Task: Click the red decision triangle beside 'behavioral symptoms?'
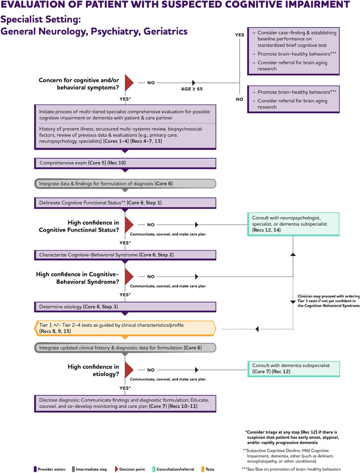129,83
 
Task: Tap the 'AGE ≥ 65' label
192,89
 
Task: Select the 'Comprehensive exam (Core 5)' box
125,163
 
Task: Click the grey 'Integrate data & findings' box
125,184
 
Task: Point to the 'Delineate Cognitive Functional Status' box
125,203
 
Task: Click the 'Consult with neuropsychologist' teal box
293,224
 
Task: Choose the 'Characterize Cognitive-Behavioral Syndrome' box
125,255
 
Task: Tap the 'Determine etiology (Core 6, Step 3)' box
125,307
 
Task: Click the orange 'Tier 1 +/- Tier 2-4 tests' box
125,328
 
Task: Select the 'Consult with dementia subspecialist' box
293,369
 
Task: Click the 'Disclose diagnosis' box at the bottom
125,404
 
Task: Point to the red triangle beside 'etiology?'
129,370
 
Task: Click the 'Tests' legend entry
208,469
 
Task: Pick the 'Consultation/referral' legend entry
173,469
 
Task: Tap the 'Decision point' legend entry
130,469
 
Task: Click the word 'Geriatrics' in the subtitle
166,31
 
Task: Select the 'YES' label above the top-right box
239,35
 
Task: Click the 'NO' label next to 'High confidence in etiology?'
151,370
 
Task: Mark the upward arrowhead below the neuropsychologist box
293,254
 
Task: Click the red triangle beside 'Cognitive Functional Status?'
129,225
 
